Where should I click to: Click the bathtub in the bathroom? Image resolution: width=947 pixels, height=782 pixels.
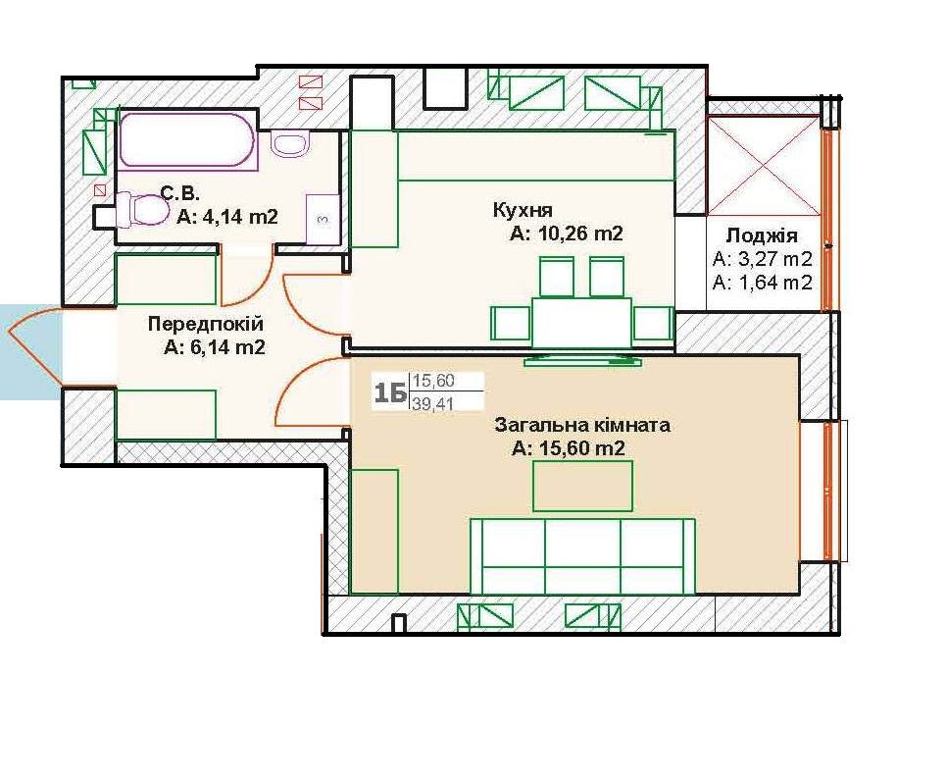pyautogui.click(x=188, y=139)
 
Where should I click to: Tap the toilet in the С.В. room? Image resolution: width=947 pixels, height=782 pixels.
pyautogui.click(x=142, y=208)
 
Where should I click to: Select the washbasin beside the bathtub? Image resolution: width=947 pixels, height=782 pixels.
pyautogui.click(x=289, y=144)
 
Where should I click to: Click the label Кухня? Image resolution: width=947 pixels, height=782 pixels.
pyautogui.click(x=523, y=210)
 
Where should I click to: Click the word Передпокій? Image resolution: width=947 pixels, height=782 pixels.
pyautogui.click(x=206, y=324)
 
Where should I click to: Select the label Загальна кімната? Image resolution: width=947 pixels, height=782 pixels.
pyautogui.click(x=582, y=425)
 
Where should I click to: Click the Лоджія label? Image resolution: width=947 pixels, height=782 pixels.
pyautogui.click(x=762, y=235)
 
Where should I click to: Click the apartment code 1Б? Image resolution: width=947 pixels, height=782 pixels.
pyautogui.click(x=390, y=392)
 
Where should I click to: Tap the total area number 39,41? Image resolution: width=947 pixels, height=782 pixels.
pyautogui.click(x=432, y=403)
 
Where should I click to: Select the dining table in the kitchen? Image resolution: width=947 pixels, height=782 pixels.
pyautogui.click(x=581, y=322)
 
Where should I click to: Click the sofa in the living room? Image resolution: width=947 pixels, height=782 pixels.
pyautogui.click(x=583, y=556)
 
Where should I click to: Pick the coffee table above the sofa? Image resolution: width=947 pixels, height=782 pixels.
pyautogui.click(x=583, y=486)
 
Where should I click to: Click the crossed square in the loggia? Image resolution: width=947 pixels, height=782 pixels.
pyautogui.click(x=764, y=165)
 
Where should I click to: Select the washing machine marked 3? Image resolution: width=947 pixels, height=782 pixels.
pyautogui.click(x=323, y=220)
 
